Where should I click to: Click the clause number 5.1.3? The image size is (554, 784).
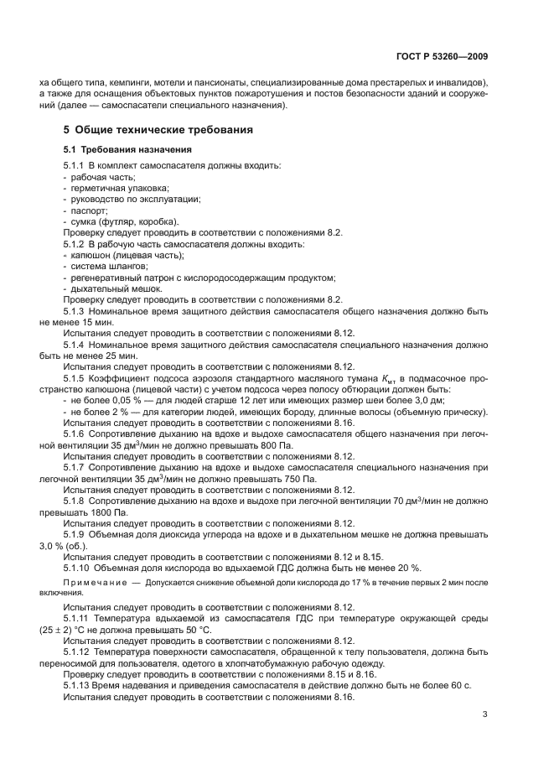pos(74,310)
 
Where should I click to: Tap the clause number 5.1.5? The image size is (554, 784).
pos(74,378)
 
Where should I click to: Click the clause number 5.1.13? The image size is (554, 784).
pos(76,685)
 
